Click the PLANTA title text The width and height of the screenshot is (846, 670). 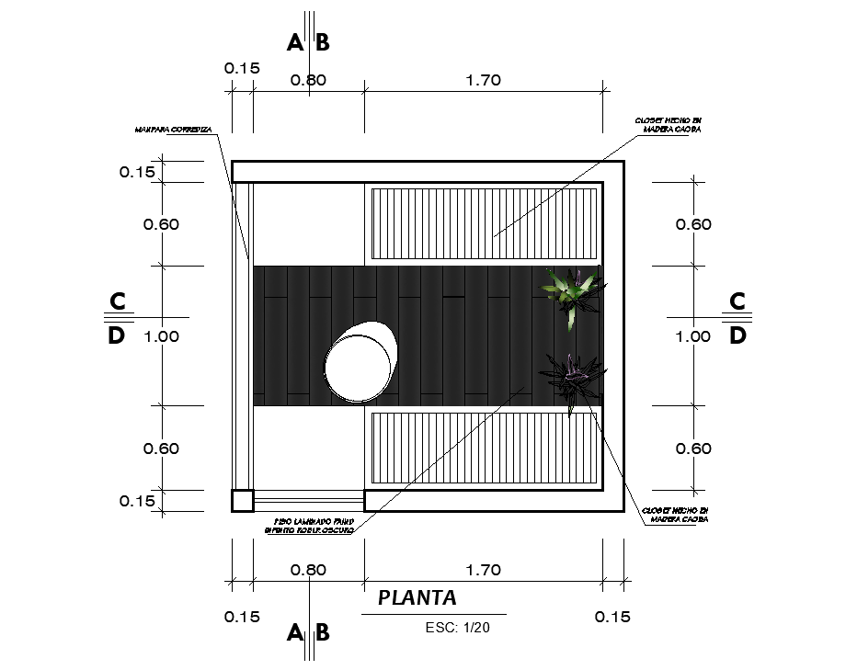(417, 598)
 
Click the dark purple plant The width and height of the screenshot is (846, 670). (572, 379)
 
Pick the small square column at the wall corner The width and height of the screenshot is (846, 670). (242, 500)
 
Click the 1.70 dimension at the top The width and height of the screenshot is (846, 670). (483, 80)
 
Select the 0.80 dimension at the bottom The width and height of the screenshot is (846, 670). (308, 570)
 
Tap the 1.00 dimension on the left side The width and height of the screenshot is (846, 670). (162, 336)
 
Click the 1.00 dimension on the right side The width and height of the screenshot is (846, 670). (692, 336)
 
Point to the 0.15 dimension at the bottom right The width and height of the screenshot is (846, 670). (613, 617)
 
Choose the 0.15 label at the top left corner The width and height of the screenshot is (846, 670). (242, 68)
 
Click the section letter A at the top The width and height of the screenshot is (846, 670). (294, 42)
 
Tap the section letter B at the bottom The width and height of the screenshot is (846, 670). (323, 632)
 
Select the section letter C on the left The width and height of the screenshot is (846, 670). (117, 301)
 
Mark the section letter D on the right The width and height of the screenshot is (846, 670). (738, 335)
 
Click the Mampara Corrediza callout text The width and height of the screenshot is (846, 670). (173, 131)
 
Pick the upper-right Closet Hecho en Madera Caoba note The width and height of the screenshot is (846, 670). (669, 125)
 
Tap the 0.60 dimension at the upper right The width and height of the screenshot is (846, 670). (692, 224)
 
